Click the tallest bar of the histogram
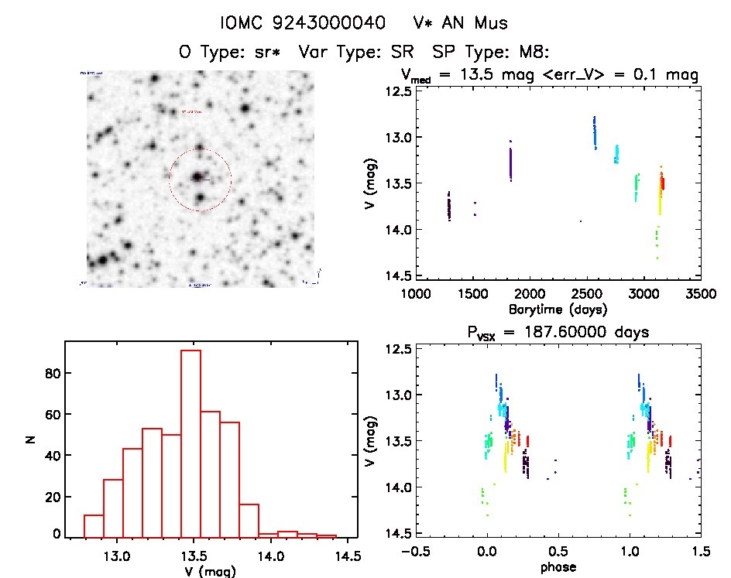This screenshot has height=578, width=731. coord(190,443)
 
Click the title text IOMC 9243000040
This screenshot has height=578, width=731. coord(303,23)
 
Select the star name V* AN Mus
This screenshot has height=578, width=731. coord(460,23)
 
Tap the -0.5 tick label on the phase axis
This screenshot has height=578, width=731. coord(417,552)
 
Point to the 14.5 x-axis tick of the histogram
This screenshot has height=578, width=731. coord(345,556)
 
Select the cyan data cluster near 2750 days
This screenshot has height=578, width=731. coord(616,154)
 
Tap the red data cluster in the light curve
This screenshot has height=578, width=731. coord(663,183)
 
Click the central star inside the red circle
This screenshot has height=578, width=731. coord(198,177)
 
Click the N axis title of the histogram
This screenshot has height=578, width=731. coord(32,439)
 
